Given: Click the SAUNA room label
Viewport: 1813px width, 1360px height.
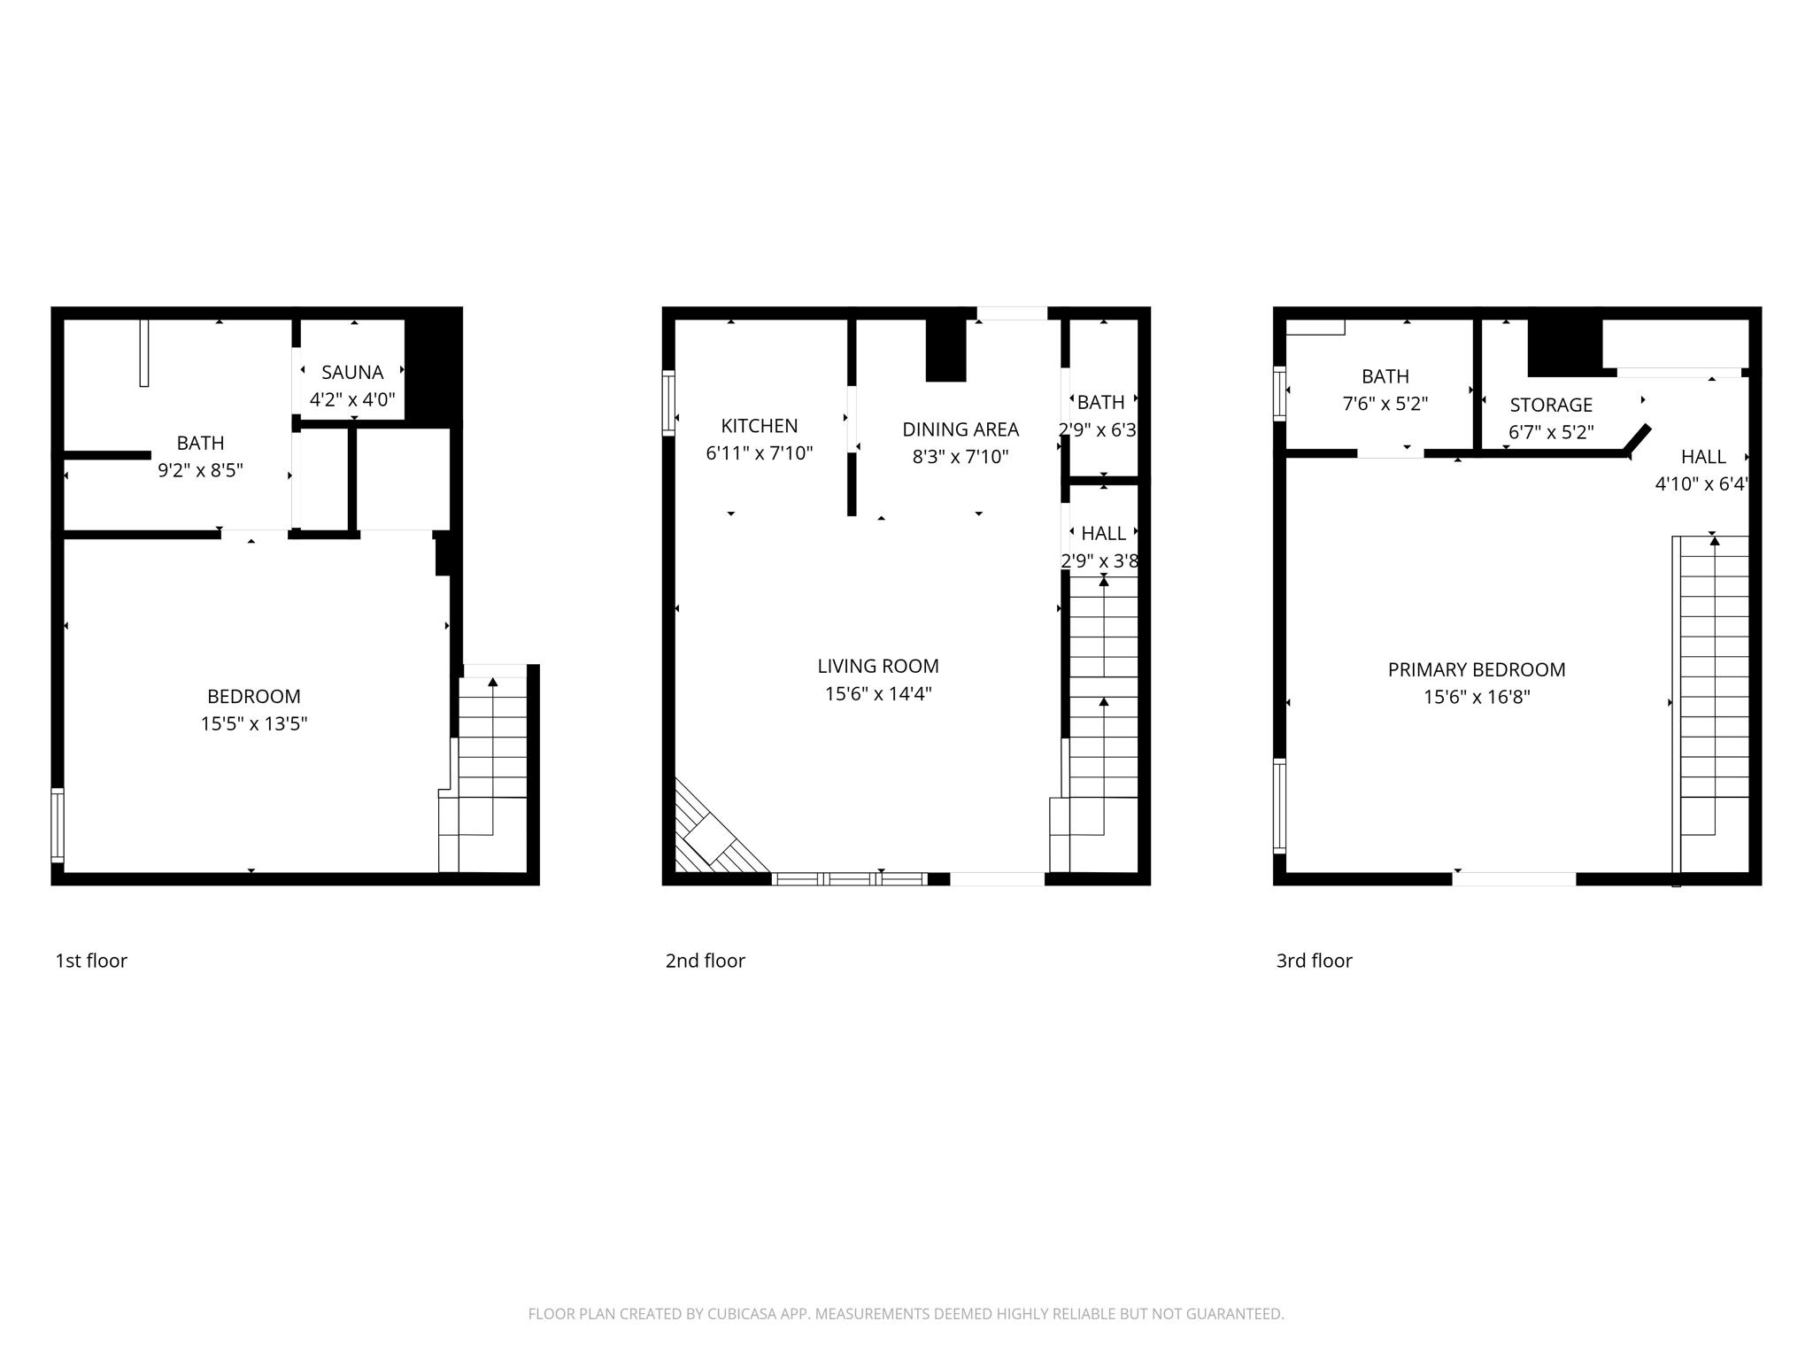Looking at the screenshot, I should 352,373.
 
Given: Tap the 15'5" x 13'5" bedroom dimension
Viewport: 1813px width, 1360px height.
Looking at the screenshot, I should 254,724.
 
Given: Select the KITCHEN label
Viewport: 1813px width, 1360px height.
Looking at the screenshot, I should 759,426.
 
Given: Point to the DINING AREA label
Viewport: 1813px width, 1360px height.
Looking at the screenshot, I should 961,429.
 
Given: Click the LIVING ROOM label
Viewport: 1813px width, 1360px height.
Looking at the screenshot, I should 878,666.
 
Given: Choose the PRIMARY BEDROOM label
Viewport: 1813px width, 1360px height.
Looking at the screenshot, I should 1477,669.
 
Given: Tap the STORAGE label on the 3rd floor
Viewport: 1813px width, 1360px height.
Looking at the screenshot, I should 1551,406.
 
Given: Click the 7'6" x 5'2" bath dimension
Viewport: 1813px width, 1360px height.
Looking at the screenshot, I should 1385,404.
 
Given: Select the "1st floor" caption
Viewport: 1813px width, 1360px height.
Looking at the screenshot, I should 91,961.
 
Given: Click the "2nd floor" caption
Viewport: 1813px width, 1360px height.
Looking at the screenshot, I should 706,961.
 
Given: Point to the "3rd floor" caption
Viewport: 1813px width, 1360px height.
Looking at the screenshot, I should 1314,961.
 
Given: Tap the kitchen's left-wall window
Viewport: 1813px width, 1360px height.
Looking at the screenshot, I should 669,403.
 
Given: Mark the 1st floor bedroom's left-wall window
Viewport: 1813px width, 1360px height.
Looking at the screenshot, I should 58,824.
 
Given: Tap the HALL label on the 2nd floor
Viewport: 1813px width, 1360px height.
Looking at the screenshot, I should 1104,533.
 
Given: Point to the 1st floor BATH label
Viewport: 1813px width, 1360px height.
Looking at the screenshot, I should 200,443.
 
